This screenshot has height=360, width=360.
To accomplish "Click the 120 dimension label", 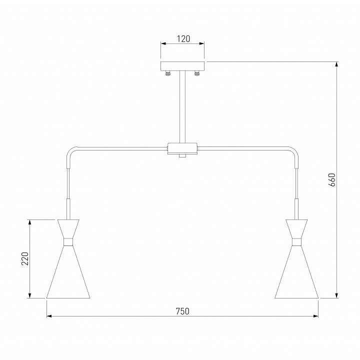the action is (183, 39).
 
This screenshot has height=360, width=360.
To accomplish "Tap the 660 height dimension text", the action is (332, 180).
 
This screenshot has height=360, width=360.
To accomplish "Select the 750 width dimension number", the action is (182, 311).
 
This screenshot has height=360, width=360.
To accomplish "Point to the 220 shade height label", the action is (25, 259).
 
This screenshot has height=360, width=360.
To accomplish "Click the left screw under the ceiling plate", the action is (168, 73).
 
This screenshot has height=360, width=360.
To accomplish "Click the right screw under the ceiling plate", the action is (197, 73).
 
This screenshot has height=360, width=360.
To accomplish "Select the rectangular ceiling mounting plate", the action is (182, 66).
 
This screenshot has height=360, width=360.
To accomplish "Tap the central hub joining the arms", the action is (182, 148).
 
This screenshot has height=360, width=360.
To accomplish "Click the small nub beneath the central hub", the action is (182, 156).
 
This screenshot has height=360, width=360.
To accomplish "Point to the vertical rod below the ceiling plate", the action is (182, 106).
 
